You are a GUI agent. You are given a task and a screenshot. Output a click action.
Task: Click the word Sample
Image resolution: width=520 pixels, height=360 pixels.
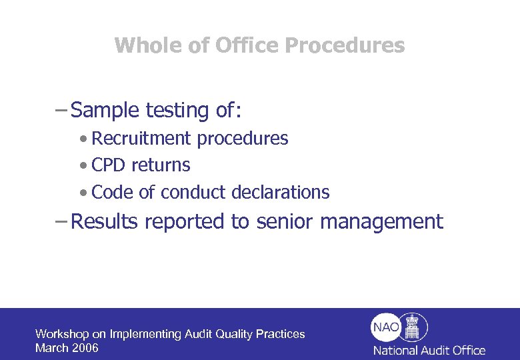[103, 110]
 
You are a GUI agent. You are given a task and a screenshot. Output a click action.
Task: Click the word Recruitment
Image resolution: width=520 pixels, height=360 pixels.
[141, 139]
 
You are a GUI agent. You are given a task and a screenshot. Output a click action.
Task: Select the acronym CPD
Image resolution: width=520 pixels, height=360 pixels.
[109, 165]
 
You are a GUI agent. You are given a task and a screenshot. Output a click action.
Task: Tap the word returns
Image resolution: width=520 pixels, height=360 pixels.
[161, 165]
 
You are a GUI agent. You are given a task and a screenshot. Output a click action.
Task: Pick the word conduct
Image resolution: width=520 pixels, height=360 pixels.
[193, 193]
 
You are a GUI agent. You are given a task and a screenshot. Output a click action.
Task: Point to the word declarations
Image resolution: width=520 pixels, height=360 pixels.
[280, 193]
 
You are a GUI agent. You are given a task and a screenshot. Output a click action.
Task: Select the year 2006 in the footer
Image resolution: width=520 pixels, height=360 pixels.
[85, 348]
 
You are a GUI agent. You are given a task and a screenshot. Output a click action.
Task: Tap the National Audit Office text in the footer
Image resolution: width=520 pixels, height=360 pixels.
[429, 350]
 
